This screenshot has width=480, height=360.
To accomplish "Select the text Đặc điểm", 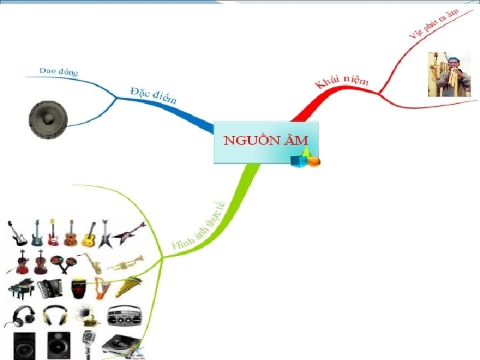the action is pyautogui.click(x=153, y=95).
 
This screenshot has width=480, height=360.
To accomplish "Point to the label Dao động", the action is pyautogui.click(x=59, y=71).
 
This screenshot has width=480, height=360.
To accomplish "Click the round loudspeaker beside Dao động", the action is pyautogui.click(x=48, y=120).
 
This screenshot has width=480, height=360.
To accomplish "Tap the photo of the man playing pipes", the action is pyautogui.click(x=449, y=75).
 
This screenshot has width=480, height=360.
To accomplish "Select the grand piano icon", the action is pyautogui.click(x=20, y=289).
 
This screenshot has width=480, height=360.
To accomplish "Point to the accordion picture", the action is pyautogui.click(x=51, y=288).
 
